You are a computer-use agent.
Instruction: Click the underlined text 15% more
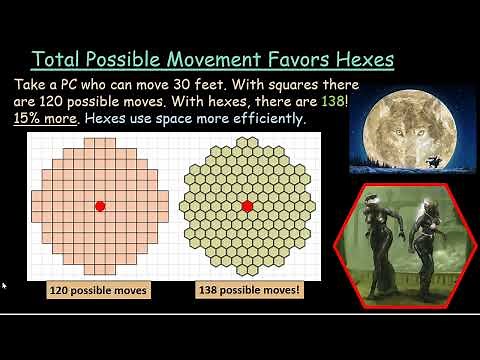pos(49,119)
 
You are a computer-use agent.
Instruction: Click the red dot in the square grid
pos(100,206)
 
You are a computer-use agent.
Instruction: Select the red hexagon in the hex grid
pos(246,206)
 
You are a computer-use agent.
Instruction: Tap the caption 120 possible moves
pos(99,291)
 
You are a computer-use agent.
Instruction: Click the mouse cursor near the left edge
pos(4,286)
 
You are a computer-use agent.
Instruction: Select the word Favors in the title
pos(300,59)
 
